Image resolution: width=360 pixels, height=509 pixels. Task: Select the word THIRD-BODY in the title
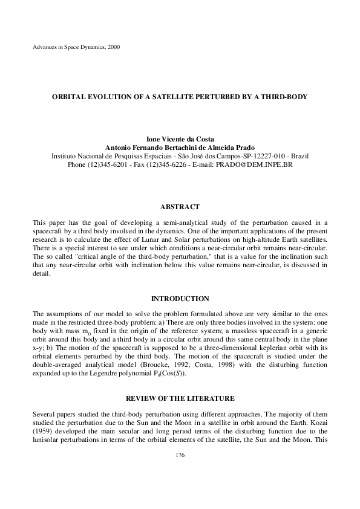coord(284,96)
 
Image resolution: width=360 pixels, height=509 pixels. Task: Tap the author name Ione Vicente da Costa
coord(180,138)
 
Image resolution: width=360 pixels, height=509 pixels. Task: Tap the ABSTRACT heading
coord(180,207)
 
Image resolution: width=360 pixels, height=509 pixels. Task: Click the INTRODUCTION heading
coord(180,299)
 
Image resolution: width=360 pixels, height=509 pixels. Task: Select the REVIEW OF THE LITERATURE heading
coord(180,399)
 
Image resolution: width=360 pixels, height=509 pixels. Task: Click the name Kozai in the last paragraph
coord(318,424)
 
